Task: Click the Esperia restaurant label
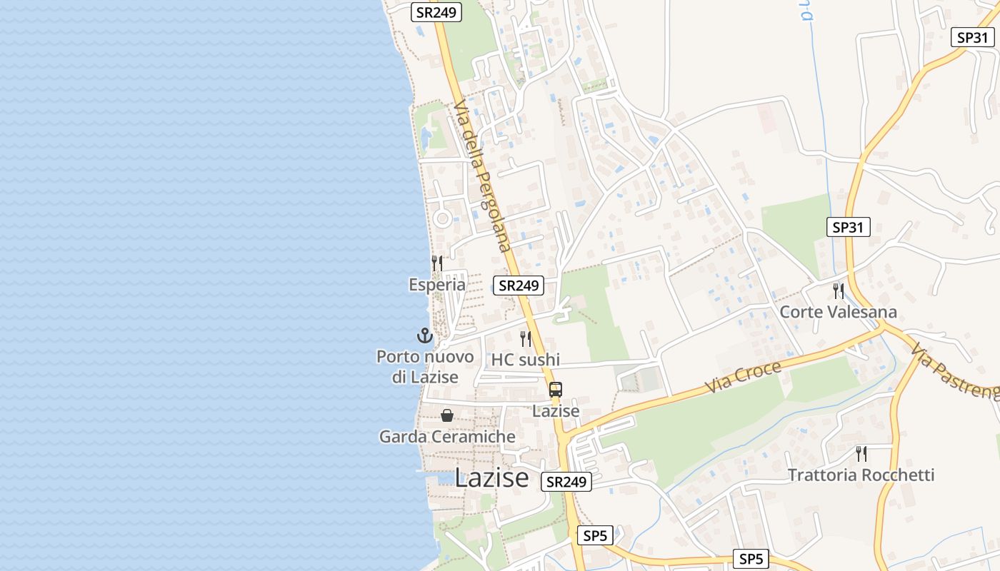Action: point(437,285)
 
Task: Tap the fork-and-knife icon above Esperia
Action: point(437,263)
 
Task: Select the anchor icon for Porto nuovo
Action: point(425,335)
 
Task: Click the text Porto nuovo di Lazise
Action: point(425,366)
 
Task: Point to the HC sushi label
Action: point(525,359)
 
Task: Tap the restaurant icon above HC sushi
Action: point(526,338)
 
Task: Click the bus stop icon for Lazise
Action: point(556,390)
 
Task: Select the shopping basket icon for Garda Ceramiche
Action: point(447,415)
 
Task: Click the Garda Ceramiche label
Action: point(447,436)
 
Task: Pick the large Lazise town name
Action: point(492,477)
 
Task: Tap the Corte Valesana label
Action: point(838,312)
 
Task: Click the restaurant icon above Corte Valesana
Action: point(838,291)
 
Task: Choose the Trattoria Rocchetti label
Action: point(861,475)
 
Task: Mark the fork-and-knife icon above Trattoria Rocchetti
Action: point(861,453)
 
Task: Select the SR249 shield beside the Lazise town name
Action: point(566,482)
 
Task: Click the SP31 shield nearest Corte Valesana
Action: point(848,228)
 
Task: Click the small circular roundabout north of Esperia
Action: point(442,218)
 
